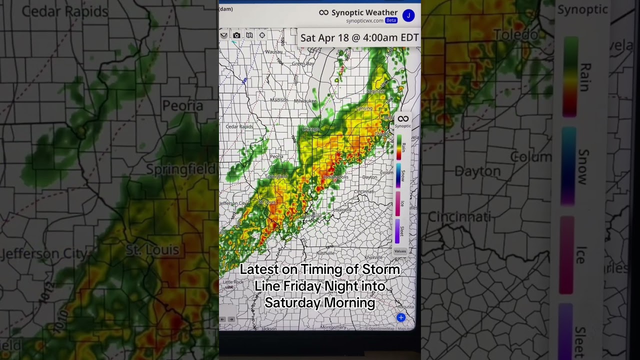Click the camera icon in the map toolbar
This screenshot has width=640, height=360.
pyautogui.click(x=236, y=35)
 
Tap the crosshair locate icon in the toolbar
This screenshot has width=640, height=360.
pyautogui.click(x=262, y=35)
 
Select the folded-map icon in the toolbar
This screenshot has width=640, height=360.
pyautogui.click(x=249, y=35)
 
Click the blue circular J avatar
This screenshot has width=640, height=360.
pyautogui.click(x=408, y=15)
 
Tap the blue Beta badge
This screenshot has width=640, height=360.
pyautogui.click(x=391, y=20)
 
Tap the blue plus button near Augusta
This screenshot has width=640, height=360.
pyautogui.click(x=400, y=317)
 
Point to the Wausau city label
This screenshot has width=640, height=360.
pyautogui.click(x=273, y=52)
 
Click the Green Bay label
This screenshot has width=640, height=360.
pyautogui.click(x=302, y=64)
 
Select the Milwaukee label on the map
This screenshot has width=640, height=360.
pyautogui.click(x=305, y=101)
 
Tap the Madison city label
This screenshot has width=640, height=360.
pyautogui.click(x=279, y=100)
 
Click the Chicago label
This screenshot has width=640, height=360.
pyautogui.click(x=310, y=129)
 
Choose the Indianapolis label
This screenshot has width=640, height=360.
pyautogui.click(x=335, y=177)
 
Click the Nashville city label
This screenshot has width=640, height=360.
pyautogui.click(x=325, y=253)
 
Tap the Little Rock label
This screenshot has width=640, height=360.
pyautogui.click(x=233, y=282)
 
